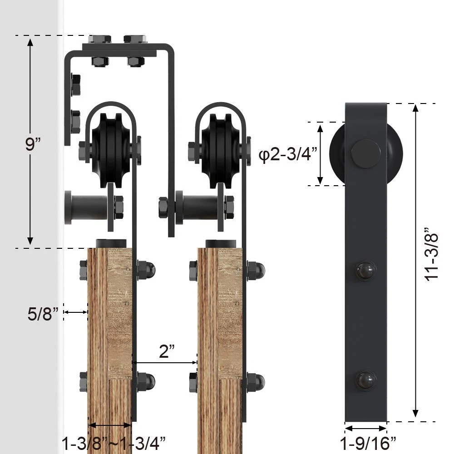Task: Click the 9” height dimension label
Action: pyautogui.click(x=32, y=144)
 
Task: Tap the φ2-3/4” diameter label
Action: pyautogui.click(x=288, y=154)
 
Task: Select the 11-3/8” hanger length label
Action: pyautogui.click(x=431, y=254)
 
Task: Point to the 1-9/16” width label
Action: pyautogui.click(x=367, y=443)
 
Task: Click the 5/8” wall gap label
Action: pyautogui.click(x=43, y=314)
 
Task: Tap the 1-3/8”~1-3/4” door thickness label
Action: pyautogui.click(x=113, y=443)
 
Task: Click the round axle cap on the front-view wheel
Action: pyautogui.click(x=366, y=154)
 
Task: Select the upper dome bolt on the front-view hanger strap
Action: pyautogui.click(x=366, y=270)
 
